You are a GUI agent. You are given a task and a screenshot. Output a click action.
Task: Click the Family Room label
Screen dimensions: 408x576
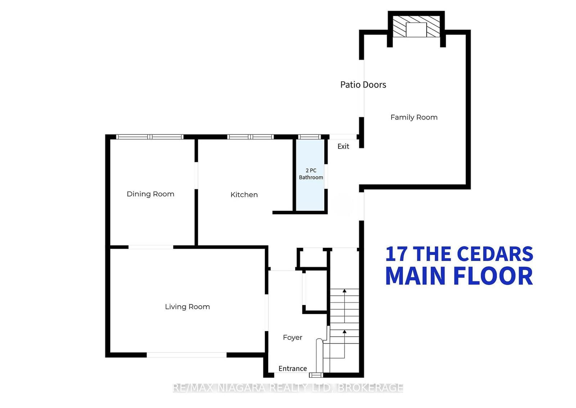pos(414,117)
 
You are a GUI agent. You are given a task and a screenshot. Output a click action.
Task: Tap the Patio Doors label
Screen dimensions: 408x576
pos(363,85)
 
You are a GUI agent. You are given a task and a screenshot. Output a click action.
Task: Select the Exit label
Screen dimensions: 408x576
pos(343,146)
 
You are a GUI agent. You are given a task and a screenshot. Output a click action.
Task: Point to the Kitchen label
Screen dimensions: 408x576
pos(244,195)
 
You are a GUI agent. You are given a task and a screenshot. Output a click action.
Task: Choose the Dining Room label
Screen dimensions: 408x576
pos(150,194)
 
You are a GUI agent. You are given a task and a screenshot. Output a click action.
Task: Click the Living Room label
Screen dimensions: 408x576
pos(187,307)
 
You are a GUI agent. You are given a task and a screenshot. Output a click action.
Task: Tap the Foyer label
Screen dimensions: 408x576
pos(292,337)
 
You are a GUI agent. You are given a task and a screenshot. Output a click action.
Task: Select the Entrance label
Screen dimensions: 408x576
pos(293,368)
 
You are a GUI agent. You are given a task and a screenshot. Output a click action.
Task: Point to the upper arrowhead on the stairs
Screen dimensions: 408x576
pos(345,291)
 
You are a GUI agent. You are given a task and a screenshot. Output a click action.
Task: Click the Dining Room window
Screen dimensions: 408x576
pos(150,137)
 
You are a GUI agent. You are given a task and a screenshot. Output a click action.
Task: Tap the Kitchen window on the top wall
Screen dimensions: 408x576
pos(251,137)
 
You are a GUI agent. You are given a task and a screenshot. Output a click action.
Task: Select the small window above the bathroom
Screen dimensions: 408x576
pos(310,137)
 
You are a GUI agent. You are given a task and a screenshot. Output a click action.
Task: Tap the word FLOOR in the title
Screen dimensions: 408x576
pos(493,276)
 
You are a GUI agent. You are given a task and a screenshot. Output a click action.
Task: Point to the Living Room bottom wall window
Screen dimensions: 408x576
pos(186,355)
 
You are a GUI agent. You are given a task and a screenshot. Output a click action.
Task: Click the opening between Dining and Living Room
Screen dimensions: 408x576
pos(151,247)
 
